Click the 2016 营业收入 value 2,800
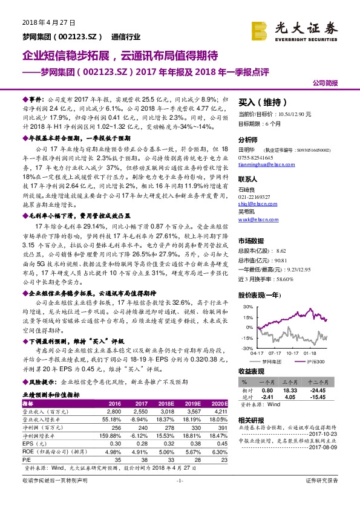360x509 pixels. point(115,410)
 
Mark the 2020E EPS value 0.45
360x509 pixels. point(220,444)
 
